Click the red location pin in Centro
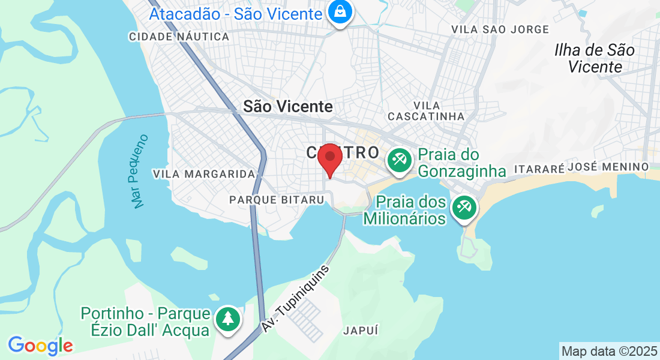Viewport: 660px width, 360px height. pyautogui.click(x=329, y=158)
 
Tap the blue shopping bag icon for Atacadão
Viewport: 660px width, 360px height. pyautogui.click(x=340, y=13)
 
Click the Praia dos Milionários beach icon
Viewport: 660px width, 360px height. pyautogui.click(x=464, y=208)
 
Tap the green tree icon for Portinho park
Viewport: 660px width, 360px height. pyautogui.click(x=227, y=319)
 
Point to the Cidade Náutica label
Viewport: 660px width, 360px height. pyautogui.click(x=179, y=37)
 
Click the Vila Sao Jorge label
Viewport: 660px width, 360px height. pyautogui.click(x=500, y=29)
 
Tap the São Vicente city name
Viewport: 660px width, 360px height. pyautogui.click(x=288, y=106)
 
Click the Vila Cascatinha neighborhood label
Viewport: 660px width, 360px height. pyautogui.click(x=426, y=110)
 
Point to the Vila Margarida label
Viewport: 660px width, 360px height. pyautogui.click(x=204, y=174)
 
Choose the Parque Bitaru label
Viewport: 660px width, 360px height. pyautogui.click(x=277, y=199)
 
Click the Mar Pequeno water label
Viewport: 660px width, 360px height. pyautogui.click(x=139, y=172)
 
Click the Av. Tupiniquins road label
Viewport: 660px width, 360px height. pyautogui.click(x=296, y=298)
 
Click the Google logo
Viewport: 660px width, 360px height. pyautogui.click(x=40, y=345)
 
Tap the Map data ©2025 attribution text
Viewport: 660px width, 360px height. pyautogui.click(x=609, y=351)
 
